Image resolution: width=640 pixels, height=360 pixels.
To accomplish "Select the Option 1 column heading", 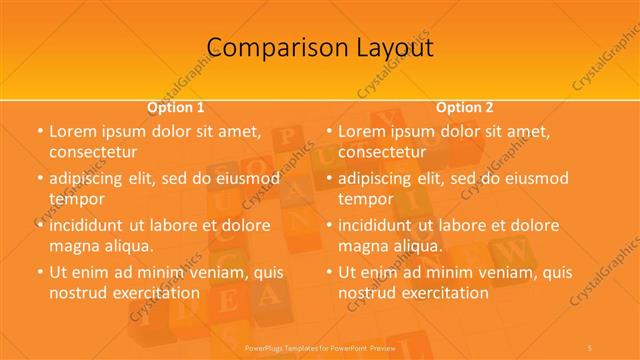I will click(x=176, y=107).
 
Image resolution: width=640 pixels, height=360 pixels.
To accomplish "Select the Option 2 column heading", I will click(x=465, y=107).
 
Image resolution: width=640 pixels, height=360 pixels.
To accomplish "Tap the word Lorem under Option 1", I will click(x=72, y=131).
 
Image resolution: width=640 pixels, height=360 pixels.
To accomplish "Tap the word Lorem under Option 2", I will click(x=361, y=131).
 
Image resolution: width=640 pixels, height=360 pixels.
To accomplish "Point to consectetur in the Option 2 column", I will click(x=382, y=152).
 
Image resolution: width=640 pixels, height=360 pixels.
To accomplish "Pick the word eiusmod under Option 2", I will click(x=535, y=179).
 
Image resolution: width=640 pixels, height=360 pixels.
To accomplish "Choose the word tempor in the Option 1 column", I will click(x=76, y=199).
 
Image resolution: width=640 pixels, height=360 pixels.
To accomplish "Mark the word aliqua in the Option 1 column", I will click(x=127, y=246).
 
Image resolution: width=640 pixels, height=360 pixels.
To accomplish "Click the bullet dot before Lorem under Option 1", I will click(x=39, y=132).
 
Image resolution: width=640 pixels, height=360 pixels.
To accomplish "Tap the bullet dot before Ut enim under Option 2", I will click(x=328, y=273).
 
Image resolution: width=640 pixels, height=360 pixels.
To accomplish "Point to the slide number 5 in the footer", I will click(x=591, y=347).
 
